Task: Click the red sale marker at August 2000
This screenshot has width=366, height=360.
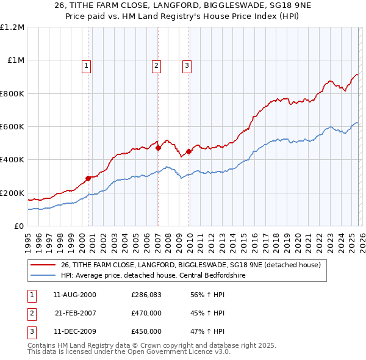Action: [88, 178]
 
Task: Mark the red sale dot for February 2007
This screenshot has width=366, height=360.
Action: [158, 148]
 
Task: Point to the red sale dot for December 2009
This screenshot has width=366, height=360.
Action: [188, 151]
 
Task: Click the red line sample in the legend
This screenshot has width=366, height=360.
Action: [43, 265]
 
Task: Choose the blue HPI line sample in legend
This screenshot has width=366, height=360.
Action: [43, 275]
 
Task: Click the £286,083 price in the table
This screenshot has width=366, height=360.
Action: [146, 295]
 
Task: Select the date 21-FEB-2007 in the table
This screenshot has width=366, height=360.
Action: [76, 313]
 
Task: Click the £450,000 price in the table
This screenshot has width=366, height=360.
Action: [146, 331]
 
